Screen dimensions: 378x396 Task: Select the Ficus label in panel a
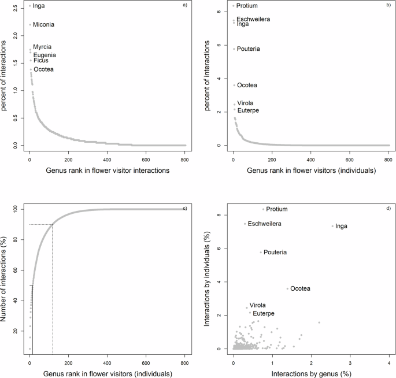(x=40, y=60)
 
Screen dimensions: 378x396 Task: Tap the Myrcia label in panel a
(x=42, y=47)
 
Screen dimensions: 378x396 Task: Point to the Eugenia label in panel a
(x=45, y=55)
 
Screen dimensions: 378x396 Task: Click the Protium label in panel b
(x=247, y=6)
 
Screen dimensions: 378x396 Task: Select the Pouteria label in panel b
(x=248, y=49)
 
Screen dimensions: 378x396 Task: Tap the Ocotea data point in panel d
(x=287, y=288)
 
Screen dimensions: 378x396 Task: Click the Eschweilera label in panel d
(x=264, y=224)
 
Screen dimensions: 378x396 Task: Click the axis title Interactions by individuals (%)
(x=209, y=278)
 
